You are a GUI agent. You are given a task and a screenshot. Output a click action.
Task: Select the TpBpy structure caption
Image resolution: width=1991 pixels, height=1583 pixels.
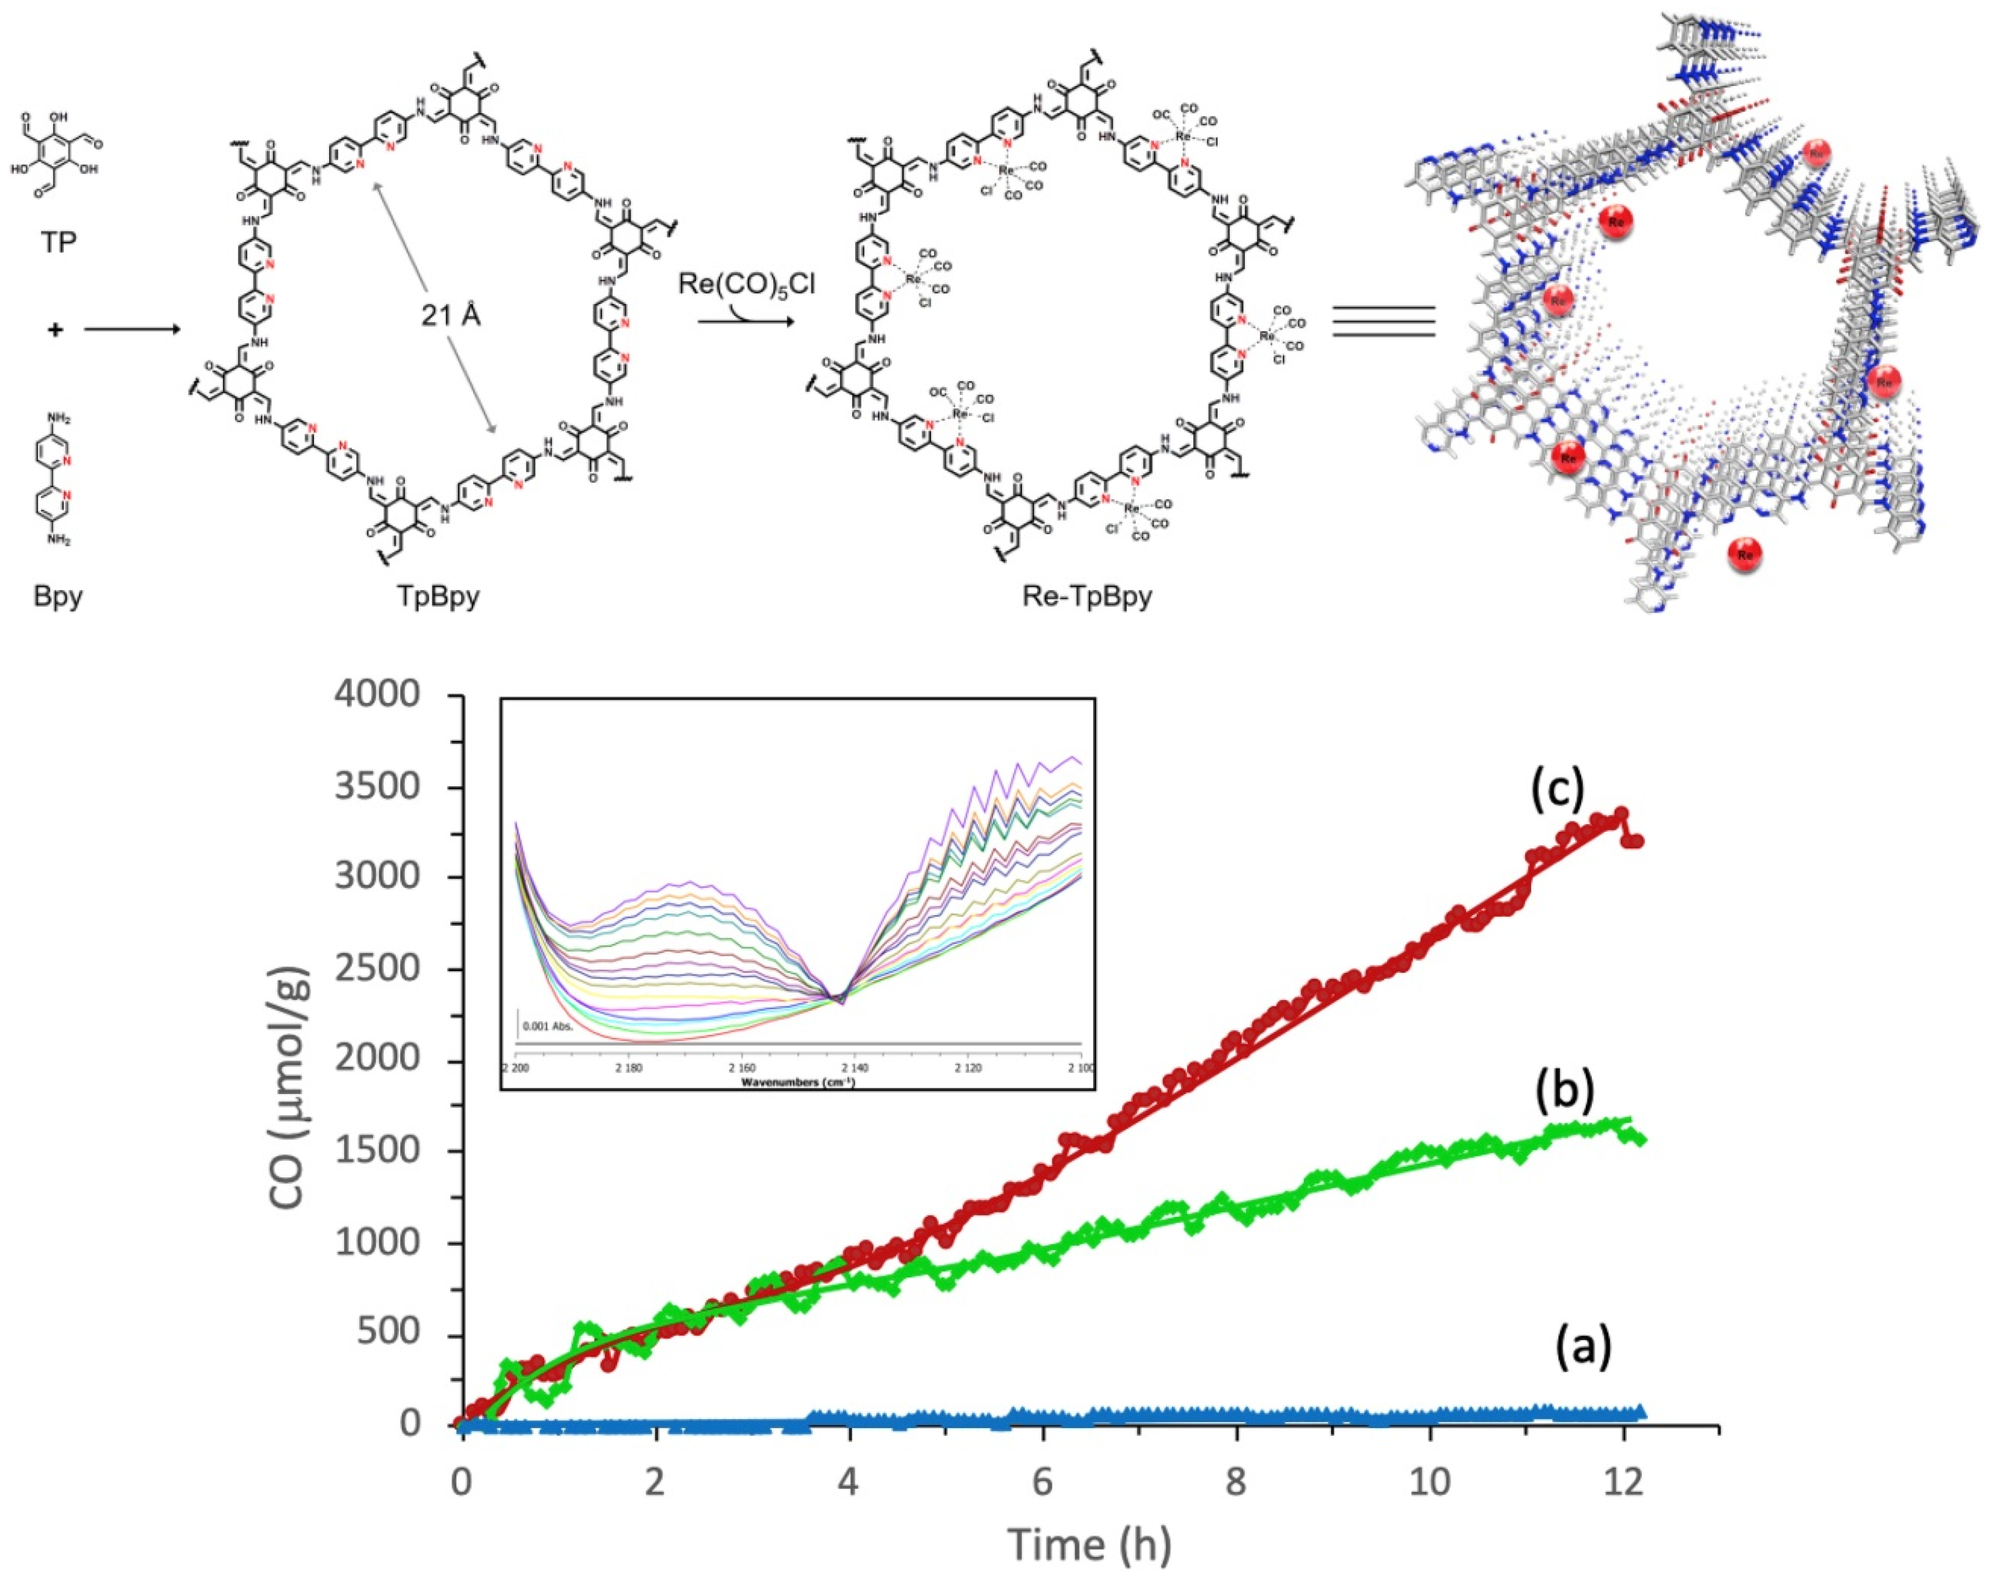(x=439, y=595)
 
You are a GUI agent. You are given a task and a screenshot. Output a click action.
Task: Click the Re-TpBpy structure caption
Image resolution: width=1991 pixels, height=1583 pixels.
(x=1087, y=595)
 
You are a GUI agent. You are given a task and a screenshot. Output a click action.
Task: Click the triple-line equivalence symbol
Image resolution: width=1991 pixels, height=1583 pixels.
(x=1383, y=321)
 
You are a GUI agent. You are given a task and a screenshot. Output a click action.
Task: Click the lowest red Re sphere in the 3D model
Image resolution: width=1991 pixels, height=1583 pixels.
(x=1745, y=555)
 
